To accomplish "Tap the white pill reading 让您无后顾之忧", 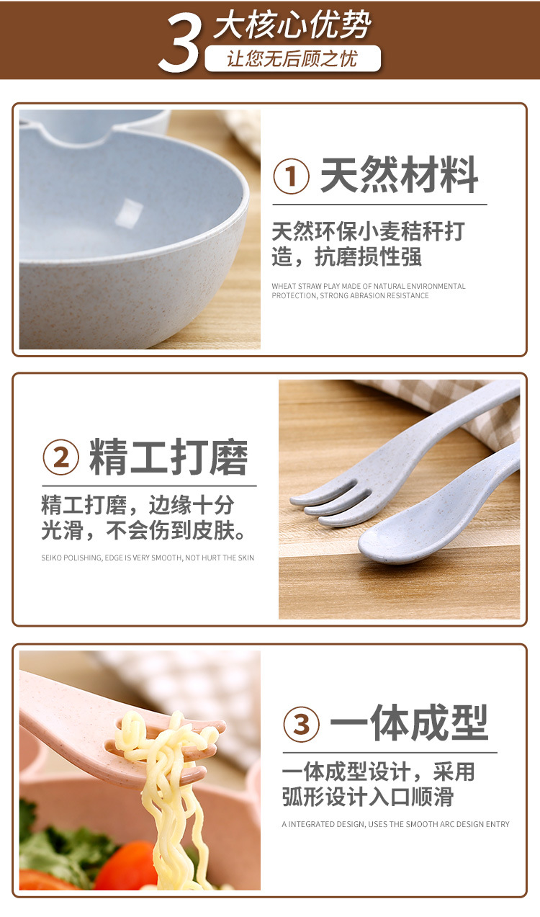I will pos(292,58).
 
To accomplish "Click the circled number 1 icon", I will pos(292,176).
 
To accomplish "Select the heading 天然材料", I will pos(399,175).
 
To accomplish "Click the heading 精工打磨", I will pos(168,457).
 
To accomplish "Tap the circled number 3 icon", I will pos(301,724).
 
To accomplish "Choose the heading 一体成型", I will pos(409,723).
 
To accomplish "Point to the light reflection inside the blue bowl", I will pos(129,212).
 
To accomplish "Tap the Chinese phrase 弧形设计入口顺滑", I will pos(368,797).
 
